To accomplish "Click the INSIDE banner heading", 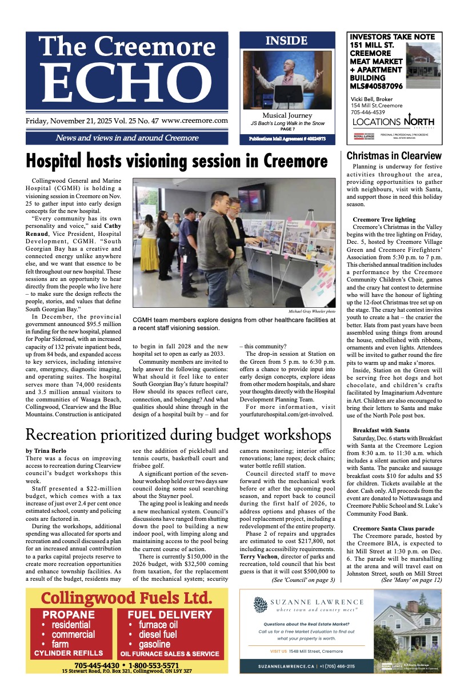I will click(287, 41).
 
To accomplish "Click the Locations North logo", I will click(393, 121).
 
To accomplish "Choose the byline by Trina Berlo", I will click(46, 451).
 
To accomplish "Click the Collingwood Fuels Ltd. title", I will click(126, 598).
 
